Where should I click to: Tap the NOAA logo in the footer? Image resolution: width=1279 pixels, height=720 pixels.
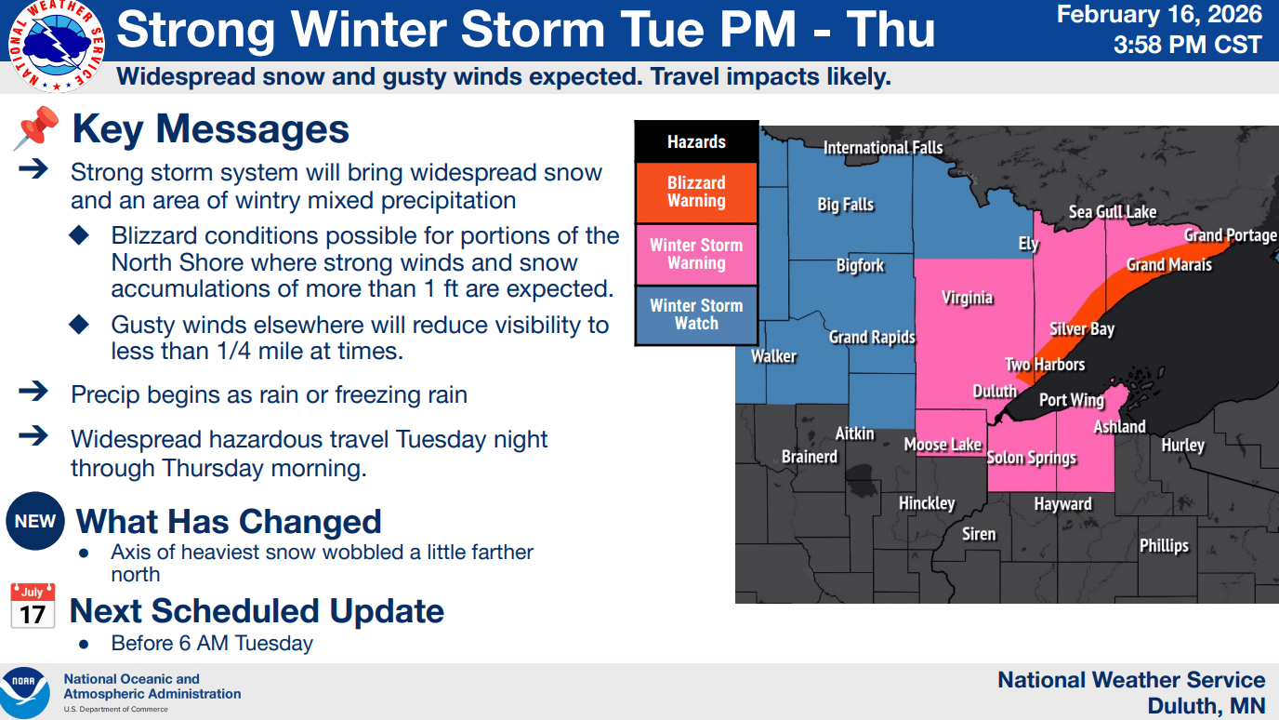26,691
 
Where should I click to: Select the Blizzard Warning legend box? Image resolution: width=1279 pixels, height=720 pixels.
696,192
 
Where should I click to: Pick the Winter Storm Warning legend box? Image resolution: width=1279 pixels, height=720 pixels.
696,254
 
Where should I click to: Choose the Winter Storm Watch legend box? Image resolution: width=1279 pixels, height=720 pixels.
696,314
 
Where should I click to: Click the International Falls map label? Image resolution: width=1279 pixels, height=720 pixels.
883,148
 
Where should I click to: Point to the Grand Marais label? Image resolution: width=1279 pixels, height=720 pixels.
1168,265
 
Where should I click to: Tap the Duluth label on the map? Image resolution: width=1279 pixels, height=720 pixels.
995,391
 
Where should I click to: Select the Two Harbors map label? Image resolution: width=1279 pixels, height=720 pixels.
1045,365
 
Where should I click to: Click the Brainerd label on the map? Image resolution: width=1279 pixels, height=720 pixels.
809,457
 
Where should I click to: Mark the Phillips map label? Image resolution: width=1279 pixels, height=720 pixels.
1164,545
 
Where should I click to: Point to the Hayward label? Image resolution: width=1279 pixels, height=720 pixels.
1062,504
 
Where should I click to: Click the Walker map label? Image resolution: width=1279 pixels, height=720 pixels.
773,355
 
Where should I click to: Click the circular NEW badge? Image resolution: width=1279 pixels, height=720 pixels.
35,522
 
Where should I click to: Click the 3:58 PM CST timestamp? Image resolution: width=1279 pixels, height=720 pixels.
1188,44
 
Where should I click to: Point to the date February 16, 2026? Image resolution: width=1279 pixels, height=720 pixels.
1159,14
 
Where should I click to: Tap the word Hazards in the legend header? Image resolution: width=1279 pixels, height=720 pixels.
696,142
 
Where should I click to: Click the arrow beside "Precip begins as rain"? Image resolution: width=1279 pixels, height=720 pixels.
33,392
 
